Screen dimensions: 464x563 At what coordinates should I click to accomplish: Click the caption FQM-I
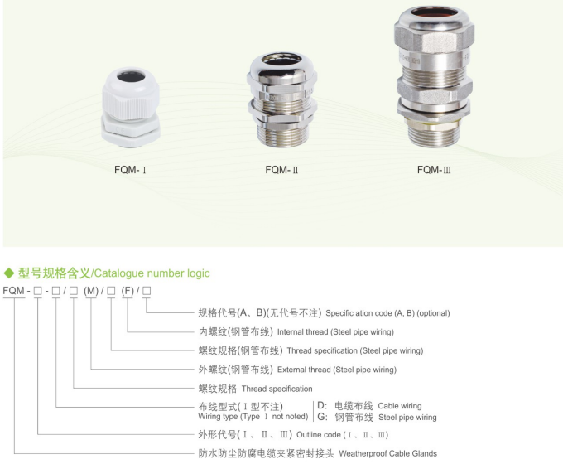[130, 171]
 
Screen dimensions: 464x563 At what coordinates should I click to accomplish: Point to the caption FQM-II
[281, 171]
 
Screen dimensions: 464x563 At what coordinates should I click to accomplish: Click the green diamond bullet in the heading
[9, 273]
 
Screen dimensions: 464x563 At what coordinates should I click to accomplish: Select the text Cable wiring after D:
[399, 406]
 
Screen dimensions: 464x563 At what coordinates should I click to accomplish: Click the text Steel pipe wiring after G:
[407, 418]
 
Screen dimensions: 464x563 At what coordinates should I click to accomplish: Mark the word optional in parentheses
[431, 313]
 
